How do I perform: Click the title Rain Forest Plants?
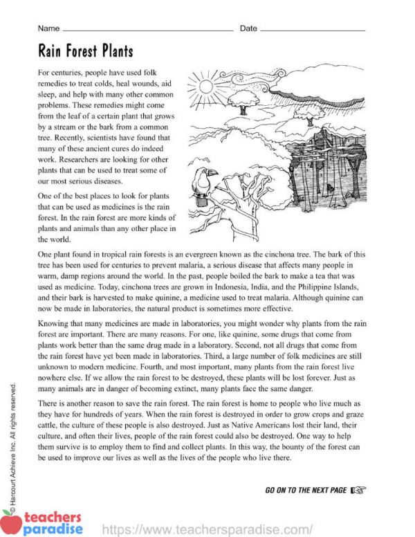[x=86, y=51]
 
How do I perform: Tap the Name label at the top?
[x=48, y=28]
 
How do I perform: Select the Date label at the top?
[x=248, y=28]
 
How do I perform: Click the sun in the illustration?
[x=207, y=87]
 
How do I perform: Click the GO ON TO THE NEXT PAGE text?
[x=306, y=490]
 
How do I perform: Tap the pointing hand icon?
[x=358, y=490]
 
